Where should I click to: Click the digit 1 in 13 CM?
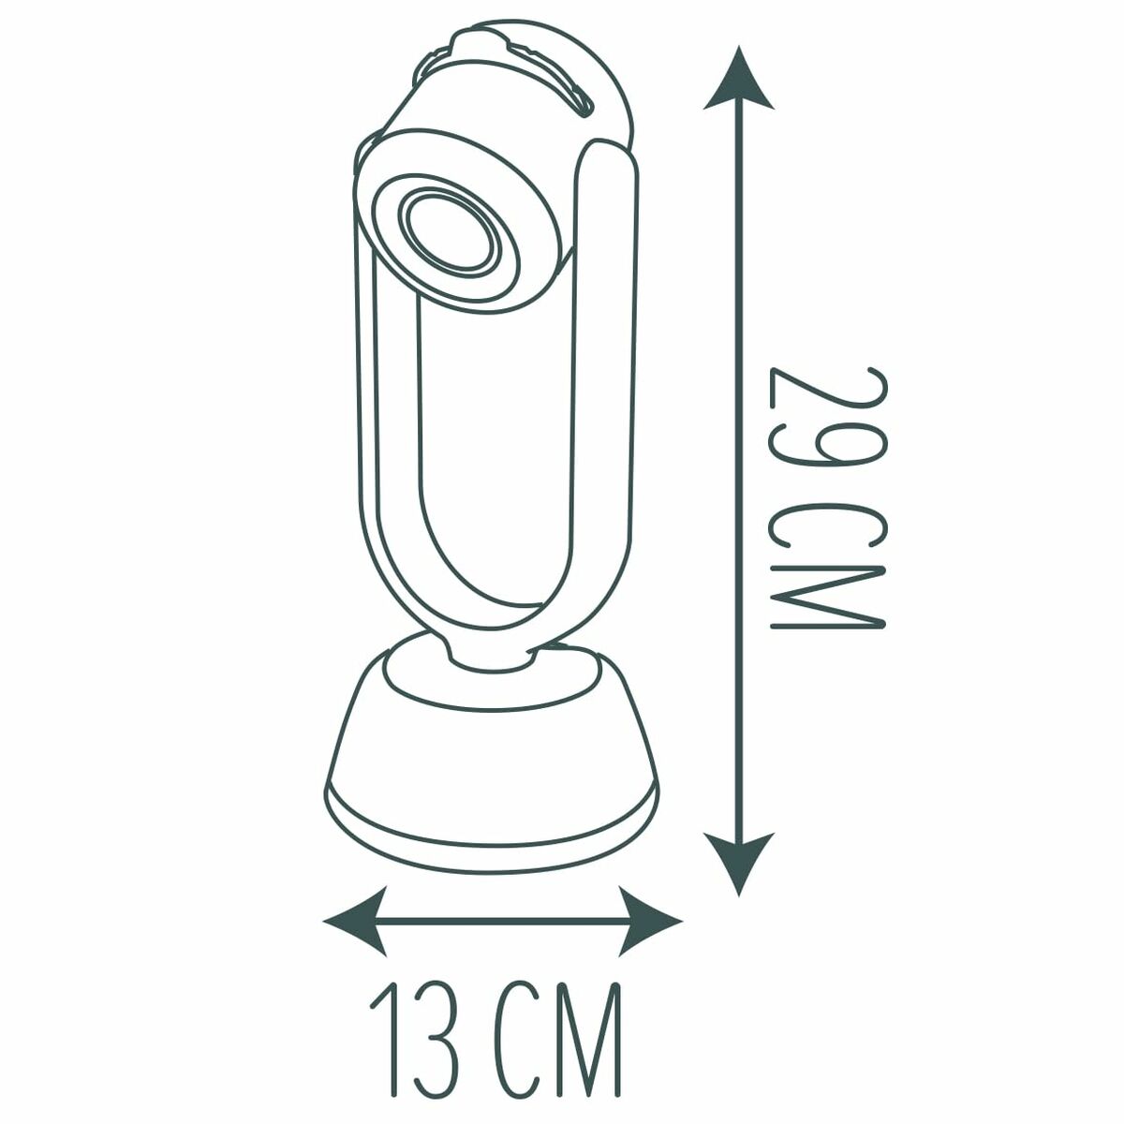387,1034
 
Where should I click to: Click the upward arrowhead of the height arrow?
740,75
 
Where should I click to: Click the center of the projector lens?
448,234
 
